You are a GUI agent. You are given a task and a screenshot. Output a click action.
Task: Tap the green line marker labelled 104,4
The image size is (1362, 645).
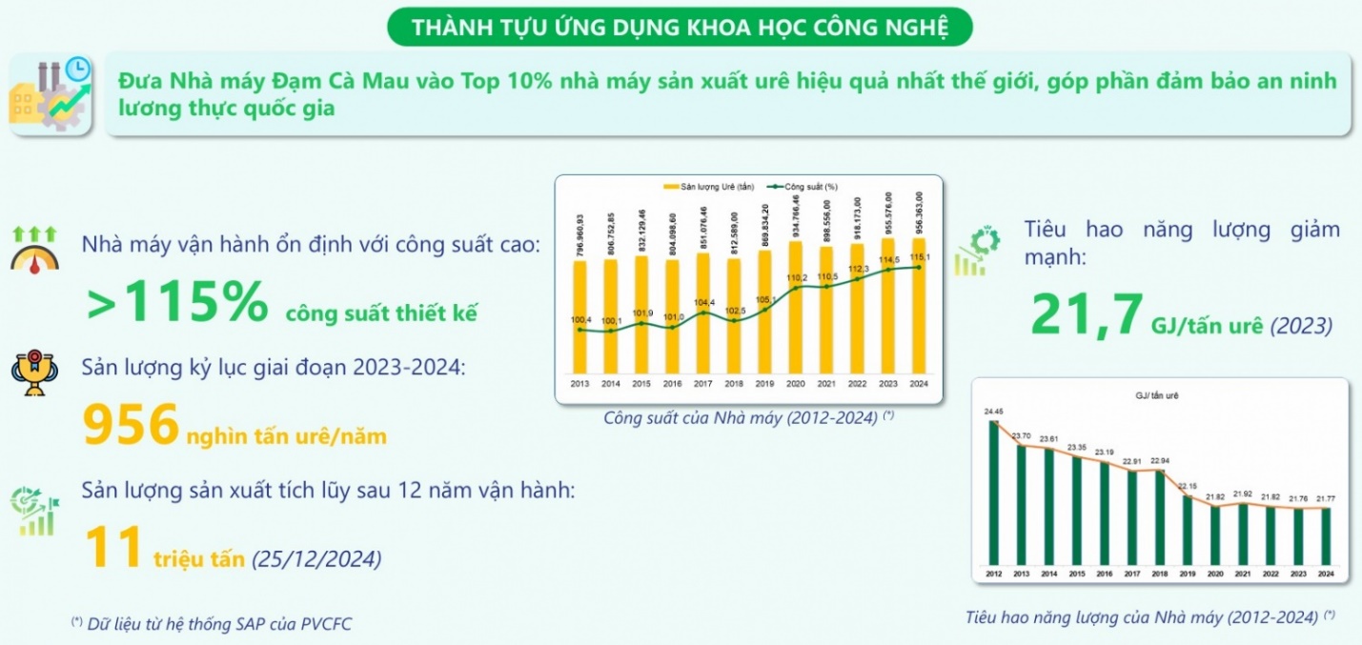tap(703, 312)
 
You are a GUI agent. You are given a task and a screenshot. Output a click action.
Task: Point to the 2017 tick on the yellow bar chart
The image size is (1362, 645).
tap(703, 385)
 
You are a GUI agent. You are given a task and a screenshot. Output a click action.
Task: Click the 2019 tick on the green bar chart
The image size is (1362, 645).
tap(1188, 574)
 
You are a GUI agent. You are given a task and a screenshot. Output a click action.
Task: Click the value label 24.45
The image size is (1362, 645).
tap(994, 413)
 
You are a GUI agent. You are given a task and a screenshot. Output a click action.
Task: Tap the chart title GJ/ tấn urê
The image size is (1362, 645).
tap(1157, 394)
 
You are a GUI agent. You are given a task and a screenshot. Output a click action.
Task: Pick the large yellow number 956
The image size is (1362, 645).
tap(132, 425)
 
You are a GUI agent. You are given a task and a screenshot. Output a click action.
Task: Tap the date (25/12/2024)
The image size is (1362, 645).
tap(315, 559)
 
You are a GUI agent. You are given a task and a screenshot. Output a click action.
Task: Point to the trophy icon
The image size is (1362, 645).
tap(33, 373)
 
